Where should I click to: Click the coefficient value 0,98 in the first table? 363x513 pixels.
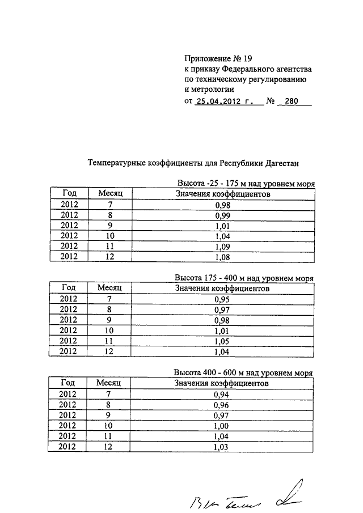pos(222,205)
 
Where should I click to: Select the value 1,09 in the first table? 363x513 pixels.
pos(222,246)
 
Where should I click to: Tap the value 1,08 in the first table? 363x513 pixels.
pos(222,256)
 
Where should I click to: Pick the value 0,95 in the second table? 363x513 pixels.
pos(222,299)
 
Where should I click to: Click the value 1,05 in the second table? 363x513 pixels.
pos(222,341)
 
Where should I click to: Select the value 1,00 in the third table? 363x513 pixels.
pos(222,425)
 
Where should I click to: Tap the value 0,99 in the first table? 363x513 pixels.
pos(222,215)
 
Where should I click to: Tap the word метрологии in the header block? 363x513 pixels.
pos(209,89)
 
